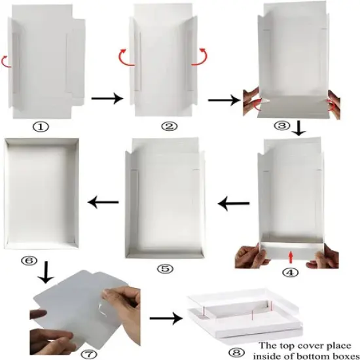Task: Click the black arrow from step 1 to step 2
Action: tap(106, 99)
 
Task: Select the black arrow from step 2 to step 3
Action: tap(223, 99)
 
